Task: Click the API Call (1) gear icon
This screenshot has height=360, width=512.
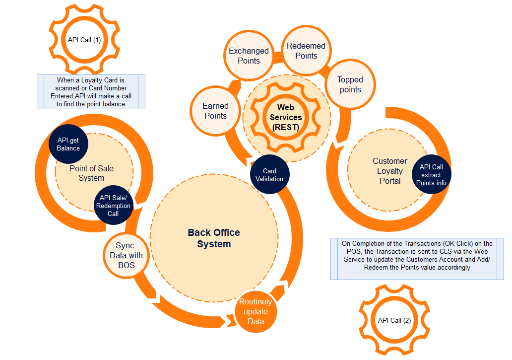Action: click(x=84, y=40)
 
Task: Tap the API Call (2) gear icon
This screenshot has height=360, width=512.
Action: click(x=394, y=320)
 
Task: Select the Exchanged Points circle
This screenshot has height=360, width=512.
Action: click(x=249, y=56)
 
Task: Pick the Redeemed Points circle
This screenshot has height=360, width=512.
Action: click(x=306, y=51)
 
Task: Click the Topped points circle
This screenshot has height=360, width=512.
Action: click(x=350, y=84)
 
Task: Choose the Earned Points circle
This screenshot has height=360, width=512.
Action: click(x=215, y=111)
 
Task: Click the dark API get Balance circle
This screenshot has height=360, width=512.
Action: click(x=68, y=144)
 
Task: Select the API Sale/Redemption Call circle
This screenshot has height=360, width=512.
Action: click(x=113, y=206)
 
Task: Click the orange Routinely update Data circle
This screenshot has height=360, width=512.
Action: click(x=256, y=311)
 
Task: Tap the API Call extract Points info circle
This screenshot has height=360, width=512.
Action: click(x=431, y=175)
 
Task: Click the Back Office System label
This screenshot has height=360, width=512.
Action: click(x=214, y=238)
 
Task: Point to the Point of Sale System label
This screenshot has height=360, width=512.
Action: click(x=91, y=173)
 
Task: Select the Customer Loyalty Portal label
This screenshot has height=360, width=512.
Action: click(x=390, y=171)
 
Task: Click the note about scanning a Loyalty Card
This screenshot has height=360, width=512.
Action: click(x=91, y=92)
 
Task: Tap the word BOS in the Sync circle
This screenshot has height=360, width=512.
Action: click(x=127, y=265)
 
